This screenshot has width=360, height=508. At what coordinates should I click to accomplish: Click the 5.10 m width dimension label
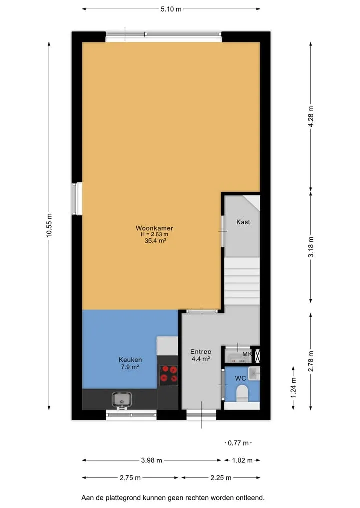tap(171, 9)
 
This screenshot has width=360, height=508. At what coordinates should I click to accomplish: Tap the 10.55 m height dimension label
tap(49, 225)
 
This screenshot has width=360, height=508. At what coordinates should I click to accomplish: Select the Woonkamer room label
tap(154, 228)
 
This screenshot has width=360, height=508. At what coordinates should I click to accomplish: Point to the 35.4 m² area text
tap(155, 241)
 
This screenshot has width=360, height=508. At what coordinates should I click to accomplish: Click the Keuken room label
tap(130, 360)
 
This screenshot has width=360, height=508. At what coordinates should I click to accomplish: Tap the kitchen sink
tap(122, 400)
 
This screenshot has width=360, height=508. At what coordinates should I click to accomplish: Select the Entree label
tap(201, 352)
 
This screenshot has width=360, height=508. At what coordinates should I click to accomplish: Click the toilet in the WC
tap(242, 393)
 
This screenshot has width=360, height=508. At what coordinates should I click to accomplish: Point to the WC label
tap(240, 378)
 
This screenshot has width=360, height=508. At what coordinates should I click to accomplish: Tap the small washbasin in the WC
tap(254, 373)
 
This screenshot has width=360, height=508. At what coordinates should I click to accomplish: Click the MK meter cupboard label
tap(247, 354)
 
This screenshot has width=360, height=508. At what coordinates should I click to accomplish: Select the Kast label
tap(243, 222)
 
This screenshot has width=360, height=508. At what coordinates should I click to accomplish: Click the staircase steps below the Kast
tap(242, 281)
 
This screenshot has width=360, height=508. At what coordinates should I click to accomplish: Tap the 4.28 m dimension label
tap(311, 116)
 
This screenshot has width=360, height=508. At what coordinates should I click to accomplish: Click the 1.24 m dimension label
tap(293, 388)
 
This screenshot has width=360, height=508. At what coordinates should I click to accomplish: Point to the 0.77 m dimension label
tap(238, 443)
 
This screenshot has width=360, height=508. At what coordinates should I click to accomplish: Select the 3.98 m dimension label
tap(152, 460)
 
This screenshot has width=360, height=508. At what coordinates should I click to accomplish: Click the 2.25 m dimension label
tap(221, 478)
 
